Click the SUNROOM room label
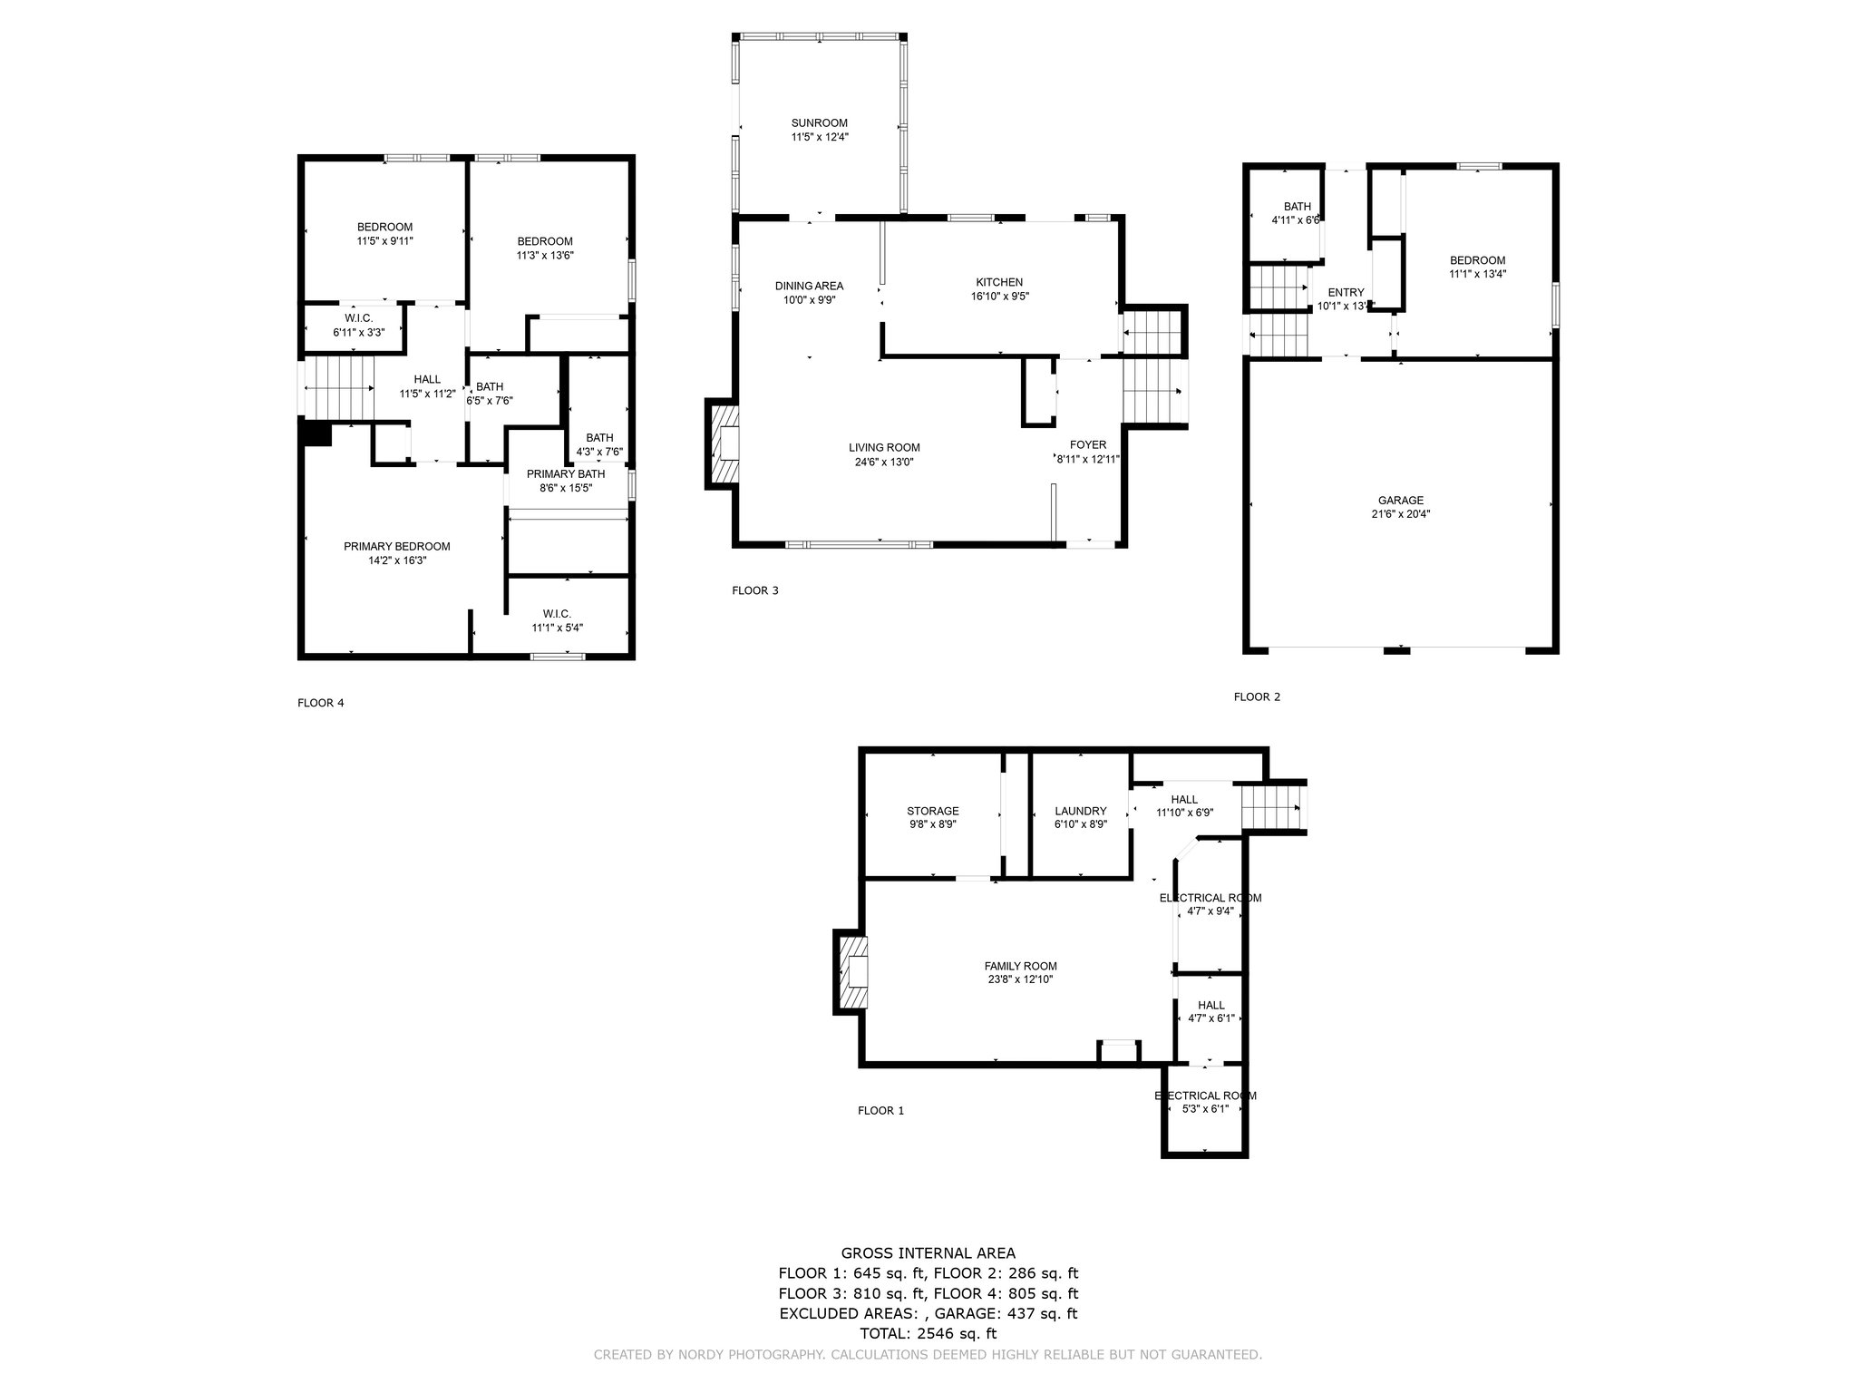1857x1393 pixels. (x=819, y=123)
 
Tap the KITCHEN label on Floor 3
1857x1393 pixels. (x=999, y=282)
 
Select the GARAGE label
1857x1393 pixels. (x=1401, y=500)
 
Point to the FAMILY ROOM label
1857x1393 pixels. (x=1021, y=966)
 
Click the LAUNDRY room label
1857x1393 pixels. (x=1081, y=811)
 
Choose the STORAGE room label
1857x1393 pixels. (x=933, y=811)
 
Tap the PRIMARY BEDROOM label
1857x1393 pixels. (x=397, y=546)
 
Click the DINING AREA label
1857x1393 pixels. (x=810, y=286)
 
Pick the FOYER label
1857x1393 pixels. (x=1088, y=444)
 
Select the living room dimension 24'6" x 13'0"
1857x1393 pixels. (x=885, y=462)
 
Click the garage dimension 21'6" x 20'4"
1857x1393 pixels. (x=1401, y=514)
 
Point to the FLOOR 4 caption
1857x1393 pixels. (x=321, y=703)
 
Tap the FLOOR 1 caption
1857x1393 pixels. (x=881, y=1110)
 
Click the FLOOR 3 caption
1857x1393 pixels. (x=755, y=590)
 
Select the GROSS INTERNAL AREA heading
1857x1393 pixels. (x=928, y=1253)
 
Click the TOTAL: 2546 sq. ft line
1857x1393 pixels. (x=928, y=1333)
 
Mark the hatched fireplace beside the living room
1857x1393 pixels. (x=722, y=444)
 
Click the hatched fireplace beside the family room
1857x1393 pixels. (x=850, y=972)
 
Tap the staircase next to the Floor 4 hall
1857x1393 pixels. (x=338, y=387)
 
